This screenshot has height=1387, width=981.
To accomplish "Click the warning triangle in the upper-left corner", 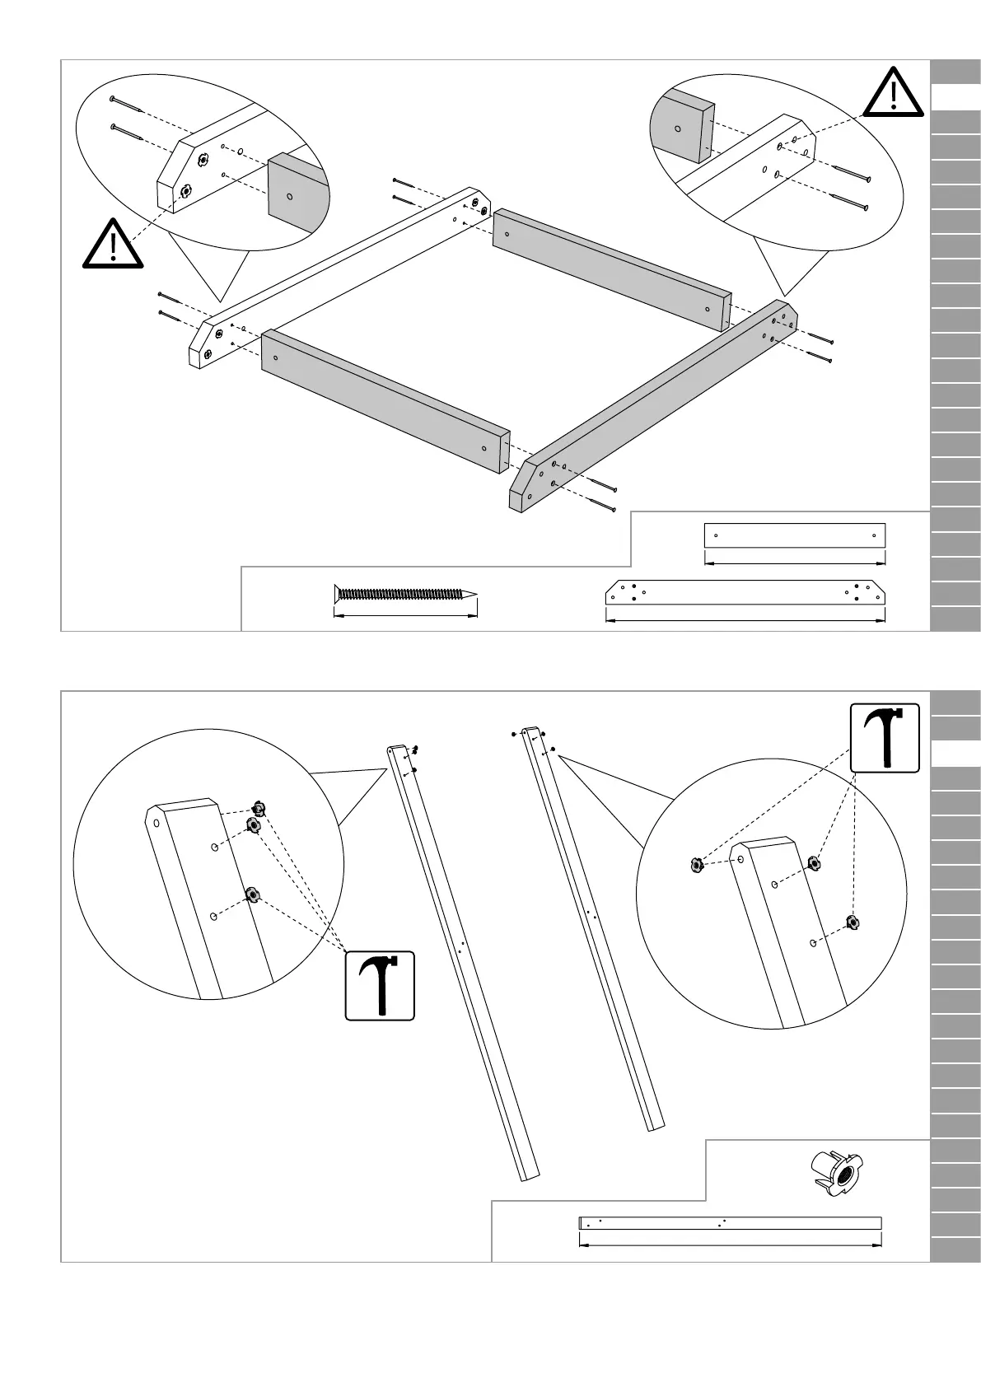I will pyautogui.click(x=114, y=245).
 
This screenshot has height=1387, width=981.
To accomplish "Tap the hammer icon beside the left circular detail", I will pyautogui.click(x=380, y=986).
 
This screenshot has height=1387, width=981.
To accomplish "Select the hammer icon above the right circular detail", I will pyautogui.click(x=885, y=738).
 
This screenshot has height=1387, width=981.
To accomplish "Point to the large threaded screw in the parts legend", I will pyautogui.click(x=404, y=594).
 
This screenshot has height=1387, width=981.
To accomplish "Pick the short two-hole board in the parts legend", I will pyautogui.click(x=794, y=535).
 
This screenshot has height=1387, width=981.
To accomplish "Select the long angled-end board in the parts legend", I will pyautogui.click(x=745, y=592).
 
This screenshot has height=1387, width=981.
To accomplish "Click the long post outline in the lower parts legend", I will pyautogui.click(x=730, y=1222).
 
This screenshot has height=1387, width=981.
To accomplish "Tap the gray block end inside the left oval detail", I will pyautogui.click(x=297, y=194).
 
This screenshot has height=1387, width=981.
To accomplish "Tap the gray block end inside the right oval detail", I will pyautogui.click(x=681, y=125).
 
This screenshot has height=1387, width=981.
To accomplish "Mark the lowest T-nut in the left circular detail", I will pyautogui.click(x=252, y=894).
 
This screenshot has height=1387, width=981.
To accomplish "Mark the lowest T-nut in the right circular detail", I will pyautogui.click(x=852, y=922).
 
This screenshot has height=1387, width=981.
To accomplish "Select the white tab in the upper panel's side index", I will pyautogui.click(x=955, y=96).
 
